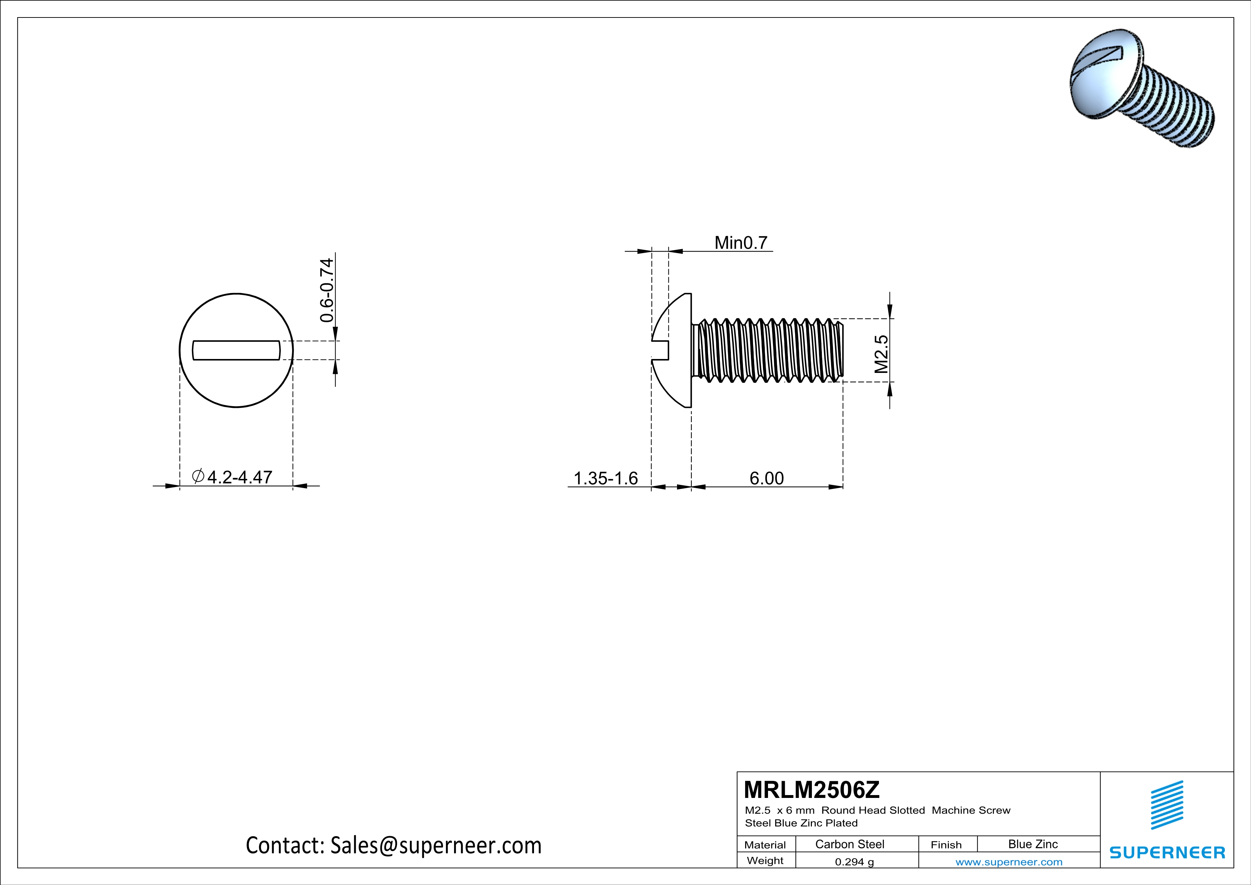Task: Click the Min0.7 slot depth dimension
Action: pos(741,243)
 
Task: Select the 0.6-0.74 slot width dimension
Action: pos(326,290)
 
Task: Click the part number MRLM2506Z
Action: pos(811,790)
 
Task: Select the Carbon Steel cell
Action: pos(849,844)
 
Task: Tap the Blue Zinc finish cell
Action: pos(1032,844)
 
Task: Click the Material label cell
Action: pos(765,845)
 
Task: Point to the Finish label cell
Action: pos(946,845)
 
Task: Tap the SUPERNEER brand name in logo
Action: pos(1167,852)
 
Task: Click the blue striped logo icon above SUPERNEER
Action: pos(1166,805)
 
